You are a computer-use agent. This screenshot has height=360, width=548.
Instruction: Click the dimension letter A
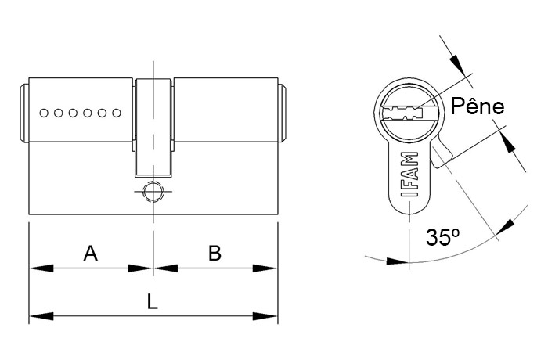pos(91,253)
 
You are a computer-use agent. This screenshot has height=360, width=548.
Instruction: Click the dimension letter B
pos(215,253)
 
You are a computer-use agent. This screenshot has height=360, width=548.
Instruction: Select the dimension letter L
pos(153,301)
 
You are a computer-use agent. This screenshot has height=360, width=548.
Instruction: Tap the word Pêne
pos(478,106)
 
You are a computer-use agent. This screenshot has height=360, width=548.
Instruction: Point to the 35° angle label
pos(442,237)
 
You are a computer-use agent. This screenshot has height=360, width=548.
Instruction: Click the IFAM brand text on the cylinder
pos(409,175)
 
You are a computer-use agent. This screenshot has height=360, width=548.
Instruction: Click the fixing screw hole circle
pos(153,192)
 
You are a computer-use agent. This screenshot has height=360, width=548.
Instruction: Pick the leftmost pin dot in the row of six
pos(44,113)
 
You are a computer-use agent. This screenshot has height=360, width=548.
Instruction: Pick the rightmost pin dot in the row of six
pos(117,113)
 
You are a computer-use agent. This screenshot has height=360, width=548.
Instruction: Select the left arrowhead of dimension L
pos(41,316)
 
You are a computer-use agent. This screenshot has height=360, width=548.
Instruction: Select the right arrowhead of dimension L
pos(265,316)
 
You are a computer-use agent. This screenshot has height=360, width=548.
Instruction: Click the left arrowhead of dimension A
pos(41,268)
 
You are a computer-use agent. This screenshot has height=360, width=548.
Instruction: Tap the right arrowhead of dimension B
pos(265,268)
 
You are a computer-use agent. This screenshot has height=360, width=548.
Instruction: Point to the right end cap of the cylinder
pos(283,113)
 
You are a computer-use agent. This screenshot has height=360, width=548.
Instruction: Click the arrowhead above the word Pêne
pos(457,65)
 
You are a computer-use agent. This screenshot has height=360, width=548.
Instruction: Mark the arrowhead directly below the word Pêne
pos(509,142)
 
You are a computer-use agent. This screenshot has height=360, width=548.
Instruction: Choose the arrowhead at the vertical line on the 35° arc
pos(397,261)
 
